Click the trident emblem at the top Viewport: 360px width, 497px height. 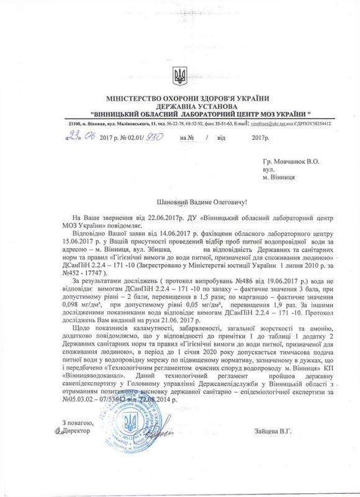(x=181, y=77)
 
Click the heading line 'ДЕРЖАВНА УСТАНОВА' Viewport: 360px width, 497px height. (x=180, y=106)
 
